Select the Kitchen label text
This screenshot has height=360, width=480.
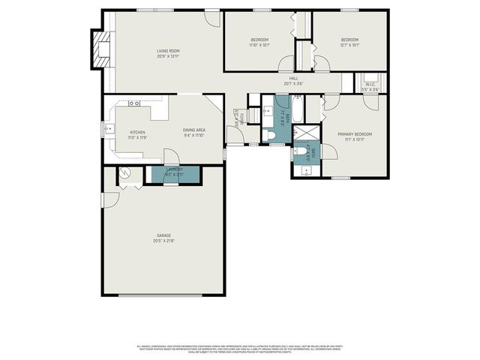click(136, 135)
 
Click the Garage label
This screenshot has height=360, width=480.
click(163, 238)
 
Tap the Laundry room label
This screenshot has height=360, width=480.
click(175, 172)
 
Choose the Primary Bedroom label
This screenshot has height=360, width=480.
click(354, 136)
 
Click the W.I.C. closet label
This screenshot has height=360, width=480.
click(370, 85)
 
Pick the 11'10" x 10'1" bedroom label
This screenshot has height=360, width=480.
click(259, 42)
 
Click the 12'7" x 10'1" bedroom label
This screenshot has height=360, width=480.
click(350, 42)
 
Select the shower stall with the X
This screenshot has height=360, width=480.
click(306, 132)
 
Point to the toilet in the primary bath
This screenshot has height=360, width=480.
click(301, 152)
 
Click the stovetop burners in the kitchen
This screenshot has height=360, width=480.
click(134, 103)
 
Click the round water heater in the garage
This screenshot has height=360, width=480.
click(127, 174)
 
